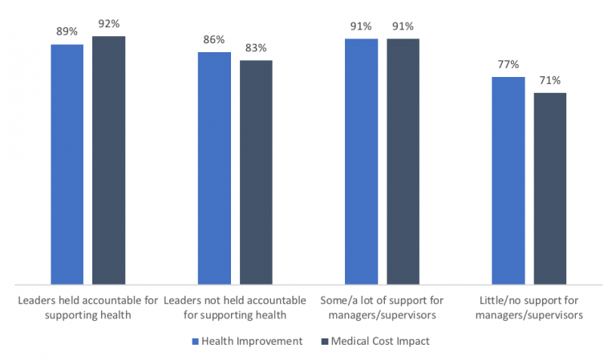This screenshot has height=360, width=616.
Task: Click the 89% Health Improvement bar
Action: (67, 164)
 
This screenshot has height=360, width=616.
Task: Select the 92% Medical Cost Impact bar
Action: (108, 160)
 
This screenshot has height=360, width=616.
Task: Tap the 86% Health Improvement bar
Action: (214, 168)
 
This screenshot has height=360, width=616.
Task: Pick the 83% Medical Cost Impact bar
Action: (256, 172)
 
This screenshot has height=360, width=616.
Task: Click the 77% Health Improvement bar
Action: (508, 180)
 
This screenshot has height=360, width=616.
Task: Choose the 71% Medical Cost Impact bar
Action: (549, 188)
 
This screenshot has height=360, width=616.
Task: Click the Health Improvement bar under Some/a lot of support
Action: (361, 161)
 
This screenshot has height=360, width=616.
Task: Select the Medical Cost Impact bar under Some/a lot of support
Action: (403, 161)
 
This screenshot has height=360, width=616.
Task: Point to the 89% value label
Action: (67, 33)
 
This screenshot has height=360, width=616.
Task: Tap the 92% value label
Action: (109, 24)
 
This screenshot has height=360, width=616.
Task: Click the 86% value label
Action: (213, 40)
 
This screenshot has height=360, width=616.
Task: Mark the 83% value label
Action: (256, 48)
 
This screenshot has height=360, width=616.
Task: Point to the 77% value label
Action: (508, 65)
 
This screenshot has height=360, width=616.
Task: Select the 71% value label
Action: (549, 80)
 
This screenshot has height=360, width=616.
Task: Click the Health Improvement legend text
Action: (252, 341)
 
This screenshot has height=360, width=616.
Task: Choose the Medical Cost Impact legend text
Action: (379, 341)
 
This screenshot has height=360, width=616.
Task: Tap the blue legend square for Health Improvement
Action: (195, 342)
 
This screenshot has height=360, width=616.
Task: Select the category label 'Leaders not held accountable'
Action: (234, 307)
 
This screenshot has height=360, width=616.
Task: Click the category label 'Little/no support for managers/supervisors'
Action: (529, 307)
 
